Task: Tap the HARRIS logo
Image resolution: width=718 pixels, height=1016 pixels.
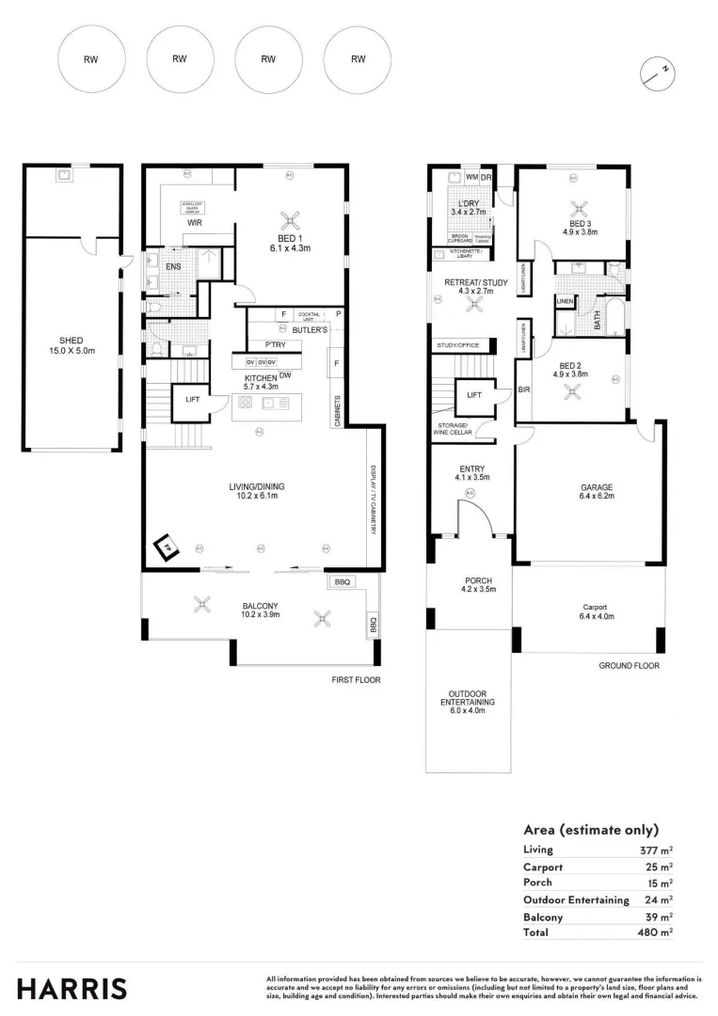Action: [x=72, y=989]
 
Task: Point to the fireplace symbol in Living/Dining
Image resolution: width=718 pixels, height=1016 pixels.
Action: [x=168, y=548]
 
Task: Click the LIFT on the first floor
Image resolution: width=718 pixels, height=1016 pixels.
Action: [x=192, y=400]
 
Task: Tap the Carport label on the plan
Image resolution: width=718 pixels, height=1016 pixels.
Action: [x=594, y=608]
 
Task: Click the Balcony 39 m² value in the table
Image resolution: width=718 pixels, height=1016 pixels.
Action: [x=656, y=916]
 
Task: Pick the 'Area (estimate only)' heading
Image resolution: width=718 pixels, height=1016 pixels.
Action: [x=590, y=830]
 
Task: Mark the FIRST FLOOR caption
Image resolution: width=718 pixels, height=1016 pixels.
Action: [x=357, y=679]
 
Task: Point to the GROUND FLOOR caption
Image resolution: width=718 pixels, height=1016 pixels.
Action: [x=629, y=665]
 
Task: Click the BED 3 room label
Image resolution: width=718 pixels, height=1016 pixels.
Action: [x=581, y=225]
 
